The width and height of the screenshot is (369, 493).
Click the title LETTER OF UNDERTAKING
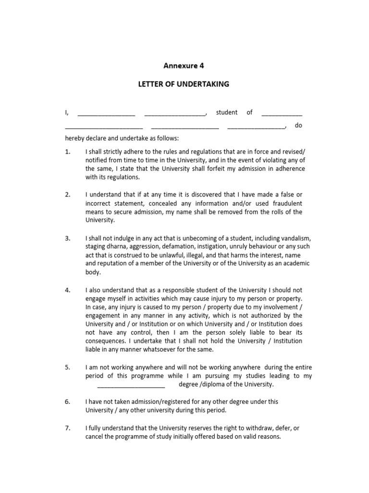(184, 84)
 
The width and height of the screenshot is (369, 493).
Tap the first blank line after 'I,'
(106, 114)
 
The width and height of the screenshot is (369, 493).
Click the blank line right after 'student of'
(282, 114)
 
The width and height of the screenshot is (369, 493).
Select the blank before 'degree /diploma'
(131, 386)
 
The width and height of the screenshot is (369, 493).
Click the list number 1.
(68, 151)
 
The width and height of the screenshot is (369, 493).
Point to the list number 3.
(68, 238)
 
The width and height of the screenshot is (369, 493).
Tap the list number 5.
(68, 367)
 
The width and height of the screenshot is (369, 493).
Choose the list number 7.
(68, 428)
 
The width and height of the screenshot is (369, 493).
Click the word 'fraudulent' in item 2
(286, 203)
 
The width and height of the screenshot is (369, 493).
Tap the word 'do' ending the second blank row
(298, 126)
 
